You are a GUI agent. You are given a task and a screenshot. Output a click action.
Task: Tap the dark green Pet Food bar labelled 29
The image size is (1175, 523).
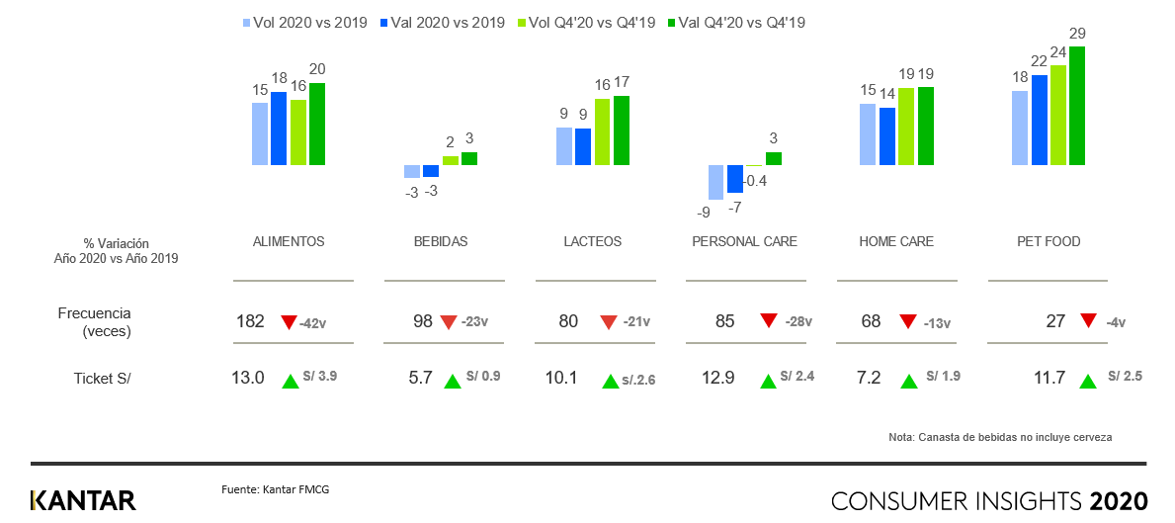1077,106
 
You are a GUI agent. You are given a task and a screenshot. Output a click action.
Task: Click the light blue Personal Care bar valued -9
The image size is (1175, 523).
716,182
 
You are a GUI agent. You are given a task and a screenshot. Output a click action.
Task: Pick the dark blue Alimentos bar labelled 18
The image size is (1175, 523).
279,129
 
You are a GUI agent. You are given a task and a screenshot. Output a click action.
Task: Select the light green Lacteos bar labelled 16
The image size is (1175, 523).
603,131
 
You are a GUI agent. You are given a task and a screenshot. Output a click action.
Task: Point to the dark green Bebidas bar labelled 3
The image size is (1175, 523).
469,158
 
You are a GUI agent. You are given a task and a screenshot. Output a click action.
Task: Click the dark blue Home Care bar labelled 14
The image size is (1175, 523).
887,136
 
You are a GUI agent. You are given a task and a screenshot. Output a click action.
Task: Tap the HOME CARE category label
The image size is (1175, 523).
896,241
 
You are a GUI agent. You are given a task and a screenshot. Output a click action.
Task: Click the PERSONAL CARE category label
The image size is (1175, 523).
744,241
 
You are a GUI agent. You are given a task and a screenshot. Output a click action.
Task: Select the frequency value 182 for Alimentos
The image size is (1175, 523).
250,321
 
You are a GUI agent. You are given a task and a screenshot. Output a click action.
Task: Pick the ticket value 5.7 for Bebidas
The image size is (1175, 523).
423,378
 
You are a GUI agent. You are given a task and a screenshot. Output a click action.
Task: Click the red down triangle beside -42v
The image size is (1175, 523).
289,321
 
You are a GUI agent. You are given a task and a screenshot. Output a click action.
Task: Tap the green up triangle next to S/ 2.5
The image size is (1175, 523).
1088,382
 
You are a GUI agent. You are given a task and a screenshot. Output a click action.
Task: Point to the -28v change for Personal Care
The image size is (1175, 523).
797,322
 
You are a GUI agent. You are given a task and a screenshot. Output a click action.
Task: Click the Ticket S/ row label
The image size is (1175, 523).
102,378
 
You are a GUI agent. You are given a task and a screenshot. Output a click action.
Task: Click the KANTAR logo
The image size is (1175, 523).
83,499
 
